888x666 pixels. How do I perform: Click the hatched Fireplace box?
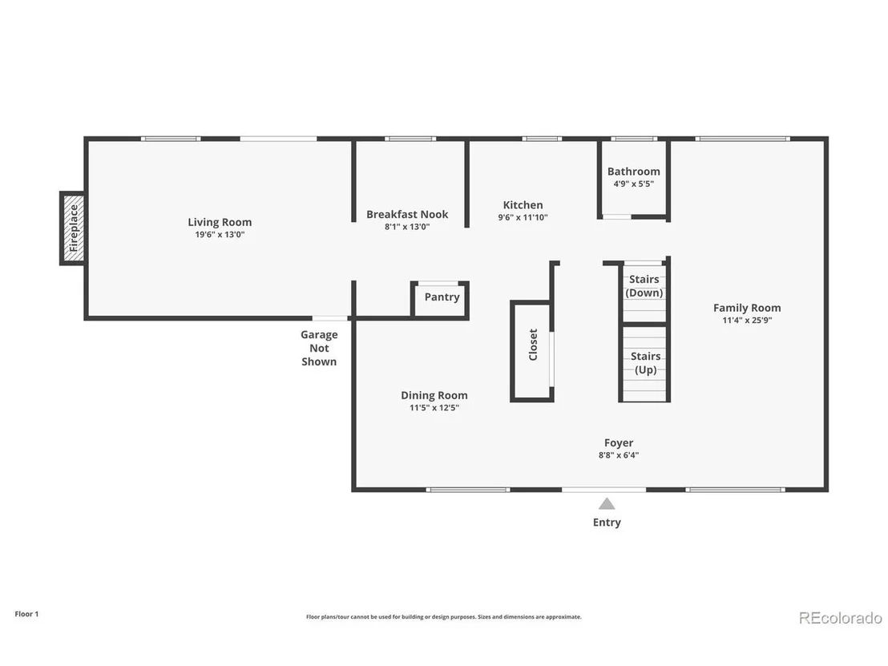[x=74, y=228]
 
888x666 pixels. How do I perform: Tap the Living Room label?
[x=220, y=222]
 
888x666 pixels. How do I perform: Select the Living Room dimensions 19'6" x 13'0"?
[x=220, y=235]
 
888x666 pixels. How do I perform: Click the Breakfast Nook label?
[x=407, y=214]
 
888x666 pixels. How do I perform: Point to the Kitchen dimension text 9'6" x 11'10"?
[x=523, y=217]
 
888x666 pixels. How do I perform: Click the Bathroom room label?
[x=634, y=171]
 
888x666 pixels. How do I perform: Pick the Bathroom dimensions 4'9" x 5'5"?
[x=634, y=184]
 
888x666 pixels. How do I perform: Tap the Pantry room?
[x=440, y=300]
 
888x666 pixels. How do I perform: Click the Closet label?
[x=533, y=345]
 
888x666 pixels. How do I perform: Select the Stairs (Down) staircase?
[x=644, y=293]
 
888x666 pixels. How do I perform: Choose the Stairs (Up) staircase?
[x=644, y=364]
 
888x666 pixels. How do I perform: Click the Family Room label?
[x=747, y=308]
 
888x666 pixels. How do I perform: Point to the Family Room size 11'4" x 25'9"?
[x=747, y=320]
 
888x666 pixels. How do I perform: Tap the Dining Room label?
[x=434, y=395]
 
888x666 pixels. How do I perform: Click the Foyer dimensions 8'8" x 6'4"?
[x=619, y=454]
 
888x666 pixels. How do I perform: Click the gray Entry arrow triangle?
[x=607, y=503]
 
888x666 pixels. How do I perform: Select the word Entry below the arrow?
[x=607, y=523]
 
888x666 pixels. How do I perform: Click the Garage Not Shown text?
[x=319, y=348]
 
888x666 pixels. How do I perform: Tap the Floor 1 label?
[x=26, y=614]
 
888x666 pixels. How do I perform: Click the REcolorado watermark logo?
[x=841, y=618]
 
